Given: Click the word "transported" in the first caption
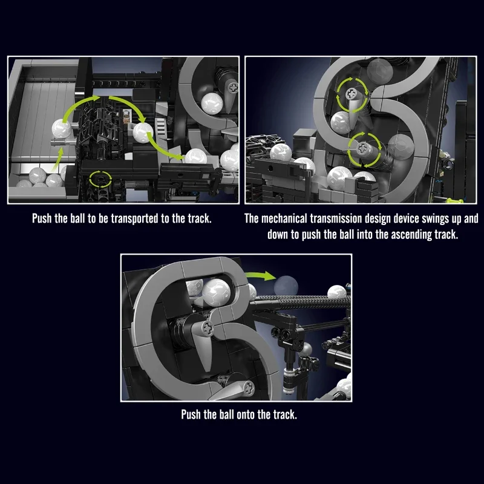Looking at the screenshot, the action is (x=134, y=218).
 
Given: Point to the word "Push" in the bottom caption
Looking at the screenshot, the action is (x=191, y=414).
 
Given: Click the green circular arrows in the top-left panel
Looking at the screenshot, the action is (x=100, y=179).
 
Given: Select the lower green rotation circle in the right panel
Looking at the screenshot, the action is (x=364, y=149).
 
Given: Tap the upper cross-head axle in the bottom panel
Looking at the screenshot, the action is (x=207, y=327).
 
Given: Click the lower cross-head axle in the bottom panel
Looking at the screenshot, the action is (x=249, y=387).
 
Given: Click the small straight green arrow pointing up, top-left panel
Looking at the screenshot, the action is (x=57, y=159).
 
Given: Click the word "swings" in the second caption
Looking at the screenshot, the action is (x=435, y=219).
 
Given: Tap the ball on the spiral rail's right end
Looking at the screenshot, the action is (x=336, y=292).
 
